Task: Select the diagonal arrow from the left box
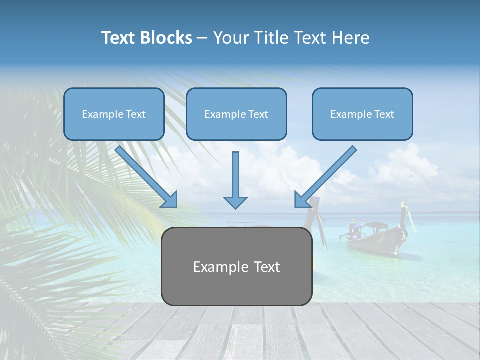[x=145, y=175]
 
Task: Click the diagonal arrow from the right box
[x=327, y=175]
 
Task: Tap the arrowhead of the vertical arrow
[x=235, y=202]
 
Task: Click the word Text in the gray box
[x=266, y=267]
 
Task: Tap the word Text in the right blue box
[x=384, y=114]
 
